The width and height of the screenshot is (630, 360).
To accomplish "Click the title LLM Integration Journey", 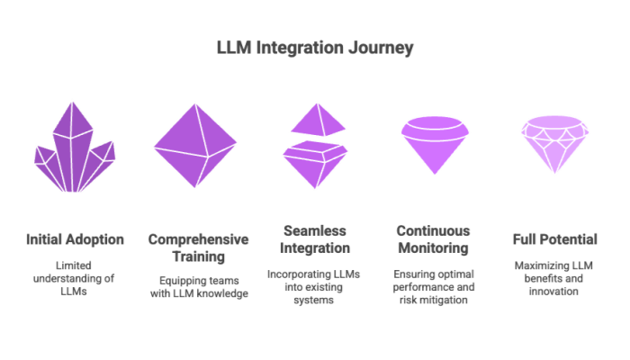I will click(x=315, y=48).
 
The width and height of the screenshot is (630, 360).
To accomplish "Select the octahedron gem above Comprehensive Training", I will click(x=195, y=144).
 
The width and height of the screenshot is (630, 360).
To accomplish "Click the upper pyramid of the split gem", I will click(x=315, y=119).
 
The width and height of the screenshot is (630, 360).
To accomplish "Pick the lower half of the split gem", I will click(x=315, y=163).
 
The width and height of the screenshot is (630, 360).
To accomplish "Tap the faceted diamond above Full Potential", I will click(x=555, y=144).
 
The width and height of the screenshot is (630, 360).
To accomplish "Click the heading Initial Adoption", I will click(x=76, y=239).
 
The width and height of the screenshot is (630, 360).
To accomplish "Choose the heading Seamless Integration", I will click(x=315, y=239).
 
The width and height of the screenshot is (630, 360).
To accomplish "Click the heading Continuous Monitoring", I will click(x=435, y=239).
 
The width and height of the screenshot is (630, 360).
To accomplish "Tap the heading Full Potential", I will click(x=555, y=239).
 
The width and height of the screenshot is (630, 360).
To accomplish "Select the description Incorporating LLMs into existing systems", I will click(x=315, y=286).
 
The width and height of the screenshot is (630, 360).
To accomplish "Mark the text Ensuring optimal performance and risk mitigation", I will click(x=435, y=286).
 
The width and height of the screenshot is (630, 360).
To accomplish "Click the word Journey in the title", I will click(x=380, y=48).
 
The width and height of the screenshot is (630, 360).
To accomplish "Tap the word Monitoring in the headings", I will click(x=435, y=248).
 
